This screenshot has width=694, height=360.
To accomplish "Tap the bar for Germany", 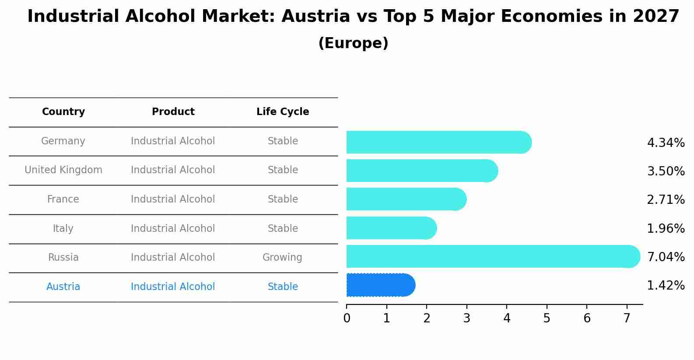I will [x=438, y=142].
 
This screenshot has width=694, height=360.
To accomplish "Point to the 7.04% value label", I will [x=666, y=257].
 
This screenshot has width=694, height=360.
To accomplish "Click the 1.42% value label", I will [x=666, y=286].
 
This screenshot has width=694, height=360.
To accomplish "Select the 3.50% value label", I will [x=666, y=171].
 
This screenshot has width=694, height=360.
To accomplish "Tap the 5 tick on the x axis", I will [x=547, y=318].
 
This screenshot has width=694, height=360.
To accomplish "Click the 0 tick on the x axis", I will [x=347, y=318].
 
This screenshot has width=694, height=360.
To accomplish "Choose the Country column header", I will [x=63, y=112].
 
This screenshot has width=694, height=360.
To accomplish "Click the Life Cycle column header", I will [x=283, y=112].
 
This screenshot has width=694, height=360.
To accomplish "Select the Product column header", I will [x=173, y=112].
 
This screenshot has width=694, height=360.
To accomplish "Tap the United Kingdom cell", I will [x=63, y=170].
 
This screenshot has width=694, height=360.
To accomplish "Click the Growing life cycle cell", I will [x=282, y=258].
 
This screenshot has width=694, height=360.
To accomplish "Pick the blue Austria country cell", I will [x=63, y=287].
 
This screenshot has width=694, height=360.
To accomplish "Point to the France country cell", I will [x=63, y=199].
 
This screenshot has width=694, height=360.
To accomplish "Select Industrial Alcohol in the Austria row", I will [x=173, y=287].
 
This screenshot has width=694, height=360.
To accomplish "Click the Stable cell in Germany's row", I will [x=283, y=141].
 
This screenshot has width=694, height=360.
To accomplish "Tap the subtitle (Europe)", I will [x=353, y=43].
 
